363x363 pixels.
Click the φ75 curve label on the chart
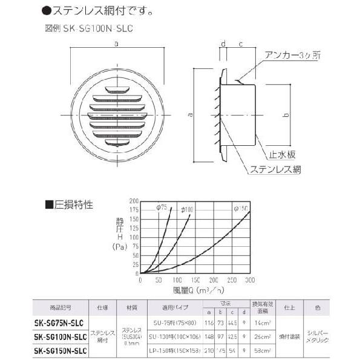pyautogui.click(x=161, y=208)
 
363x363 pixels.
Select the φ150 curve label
pyautogui.click(x=240, y=208)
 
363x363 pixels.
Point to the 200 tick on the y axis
pyautogui.click(x=134, y=200)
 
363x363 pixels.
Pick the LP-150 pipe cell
pyautogui.click(x=180, y=351)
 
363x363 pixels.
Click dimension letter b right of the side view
pyautogui.click(x=286, y=114)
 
